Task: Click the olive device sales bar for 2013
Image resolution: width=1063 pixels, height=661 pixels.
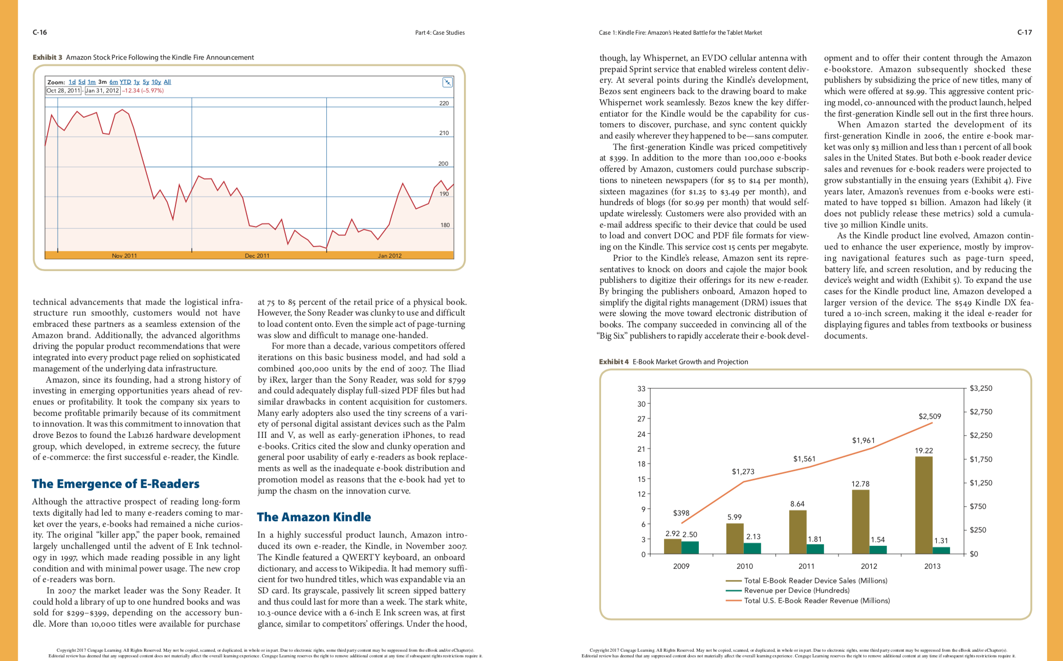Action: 923,505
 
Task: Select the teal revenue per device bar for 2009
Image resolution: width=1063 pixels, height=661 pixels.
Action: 690,547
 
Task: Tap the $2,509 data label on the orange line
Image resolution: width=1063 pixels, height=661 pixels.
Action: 929,416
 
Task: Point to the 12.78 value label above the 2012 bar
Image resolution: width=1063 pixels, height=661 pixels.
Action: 860,484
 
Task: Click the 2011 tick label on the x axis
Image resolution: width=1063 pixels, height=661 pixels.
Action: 806,566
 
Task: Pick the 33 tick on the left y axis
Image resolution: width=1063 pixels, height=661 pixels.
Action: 641,389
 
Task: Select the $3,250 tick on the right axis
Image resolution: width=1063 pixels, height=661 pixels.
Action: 981,388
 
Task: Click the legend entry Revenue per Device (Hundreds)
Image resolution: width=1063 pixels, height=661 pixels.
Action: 788,590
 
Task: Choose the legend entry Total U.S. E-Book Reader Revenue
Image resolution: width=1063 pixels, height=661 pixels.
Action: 808,601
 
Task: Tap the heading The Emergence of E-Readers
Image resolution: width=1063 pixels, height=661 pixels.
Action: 116,484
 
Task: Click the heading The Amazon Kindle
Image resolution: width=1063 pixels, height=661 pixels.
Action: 314,517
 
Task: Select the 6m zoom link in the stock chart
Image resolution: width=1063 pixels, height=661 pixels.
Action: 114,82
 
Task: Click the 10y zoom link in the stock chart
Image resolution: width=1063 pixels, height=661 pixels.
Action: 156,82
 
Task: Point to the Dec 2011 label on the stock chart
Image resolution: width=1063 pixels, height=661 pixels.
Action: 257,256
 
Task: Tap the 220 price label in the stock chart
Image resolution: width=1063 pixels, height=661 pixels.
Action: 444,103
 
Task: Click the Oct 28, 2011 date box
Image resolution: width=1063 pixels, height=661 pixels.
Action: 63,91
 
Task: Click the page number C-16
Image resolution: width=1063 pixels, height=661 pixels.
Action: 39,32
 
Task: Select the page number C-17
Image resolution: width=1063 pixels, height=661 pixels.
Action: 1024,32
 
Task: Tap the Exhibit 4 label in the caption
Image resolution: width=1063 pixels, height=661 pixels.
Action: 614,362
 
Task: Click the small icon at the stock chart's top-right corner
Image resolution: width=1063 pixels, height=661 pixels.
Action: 447,82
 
